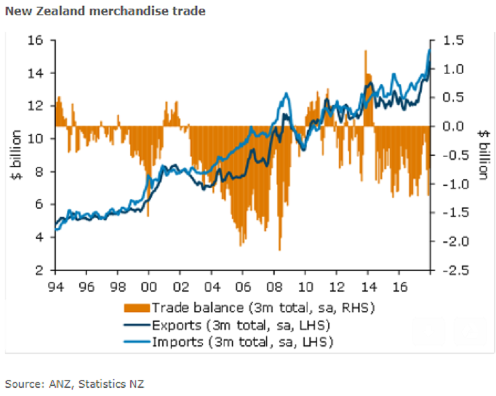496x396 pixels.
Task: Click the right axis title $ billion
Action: click(483, 155)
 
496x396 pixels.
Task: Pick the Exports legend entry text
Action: click(242, 325)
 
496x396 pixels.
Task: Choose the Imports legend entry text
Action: click(242, 342)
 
